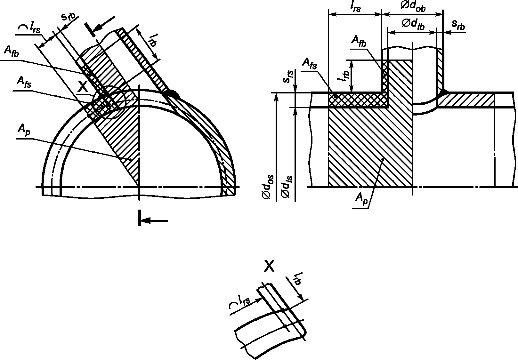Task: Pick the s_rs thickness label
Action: click(288, 77)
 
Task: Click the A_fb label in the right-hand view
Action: click(359, 41)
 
